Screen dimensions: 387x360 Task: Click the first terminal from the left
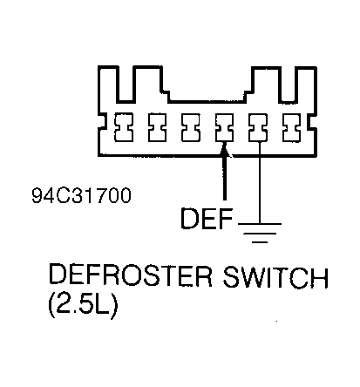pos(122,129)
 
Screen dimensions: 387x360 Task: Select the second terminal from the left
pos(156,129)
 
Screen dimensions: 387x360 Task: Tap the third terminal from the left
pos(190,129)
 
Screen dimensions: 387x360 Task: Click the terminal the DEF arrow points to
pos(224,129)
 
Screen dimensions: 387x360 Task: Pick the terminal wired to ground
pos(258,129)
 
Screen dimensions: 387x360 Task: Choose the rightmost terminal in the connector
pos(292,129)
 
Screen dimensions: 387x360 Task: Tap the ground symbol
pos(259,228)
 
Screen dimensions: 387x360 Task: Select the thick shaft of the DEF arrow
pos(225,183)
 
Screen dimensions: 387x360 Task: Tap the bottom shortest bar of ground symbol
pos(259,235)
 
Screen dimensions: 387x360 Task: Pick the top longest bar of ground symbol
pos(259,222)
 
